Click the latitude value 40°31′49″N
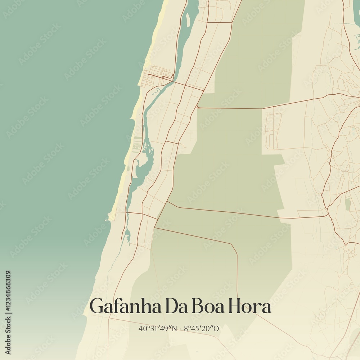157,328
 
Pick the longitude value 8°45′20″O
201,328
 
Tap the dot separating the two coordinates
180,328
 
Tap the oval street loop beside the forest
273,130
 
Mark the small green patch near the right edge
347,204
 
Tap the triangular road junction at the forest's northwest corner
198,106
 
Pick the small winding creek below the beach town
156,91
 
